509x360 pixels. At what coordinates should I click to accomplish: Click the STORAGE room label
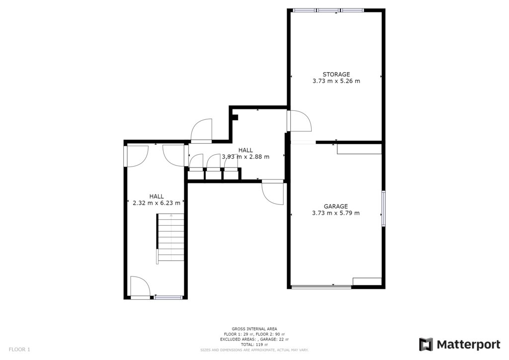click(336, 75)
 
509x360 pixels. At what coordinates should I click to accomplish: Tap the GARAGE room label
click(336, 206)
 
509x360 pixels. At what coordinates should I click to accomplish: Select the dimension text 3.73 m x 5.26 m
click(336, 81)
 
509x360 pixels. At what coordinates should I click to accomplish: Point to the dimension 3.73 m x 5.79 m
click(336, 213)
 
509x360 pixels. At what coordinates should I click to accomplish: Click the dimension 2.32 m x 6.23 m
click(157, 203)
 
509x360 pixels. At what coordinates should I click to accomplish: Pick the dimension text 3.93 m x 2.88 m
click(246, 157)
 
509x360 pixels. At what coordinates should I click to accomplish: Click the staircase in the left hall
click(170, 238)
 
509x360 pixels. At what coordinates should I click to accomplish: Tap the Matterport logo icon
click(426, 345)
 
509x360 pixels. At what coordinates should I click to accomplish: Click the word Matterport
click(469, 345)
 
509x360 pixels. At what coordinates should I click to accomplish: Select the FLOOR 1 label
click(19, 350)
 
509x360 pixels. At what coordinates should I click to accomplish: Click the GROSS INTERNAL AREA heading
click(254, 329)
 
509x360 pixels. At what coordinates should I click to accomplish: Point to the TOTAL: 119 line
click(254, 345)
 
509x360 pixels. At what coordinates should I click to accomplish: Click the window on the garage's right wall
click(383, 208)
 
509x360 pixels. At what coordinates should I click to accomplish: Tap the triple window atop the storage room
click(328, 10)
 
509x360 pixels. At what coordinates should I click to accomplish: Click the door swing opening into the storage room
click(299, 121)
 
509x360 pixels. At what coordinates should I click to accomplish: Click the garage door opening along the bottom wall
click(322, 286)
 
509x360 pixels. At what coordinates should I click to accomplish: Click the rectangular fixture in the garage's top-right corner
click(359, 149)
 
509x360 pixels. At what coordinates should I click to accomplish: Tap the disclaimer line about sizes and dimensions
click(254, 350)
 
